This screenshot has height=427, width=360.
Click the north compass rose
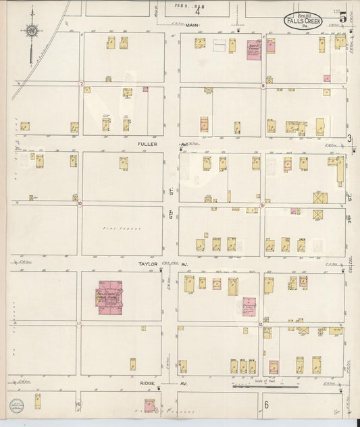click(31, 30)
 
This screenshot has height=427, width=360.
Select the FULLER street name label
click(147, 144)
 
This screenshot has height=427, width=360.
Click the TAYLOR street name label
click(148, 264)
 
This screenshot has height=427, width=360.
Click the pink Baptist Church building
click(254, 49)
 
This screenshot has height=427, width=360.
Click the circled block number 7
click(81, 84)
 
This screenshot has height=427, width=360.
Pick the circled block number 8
click(262, 86)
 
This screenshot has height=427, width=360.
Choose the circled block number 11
click(79, 324)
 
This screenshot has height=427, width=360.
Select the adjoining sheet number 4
click(198, 11)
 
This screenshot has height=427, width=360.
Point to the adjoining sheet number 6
click(266, 405)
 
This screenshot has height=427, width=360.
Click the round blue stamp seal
click(15, 406)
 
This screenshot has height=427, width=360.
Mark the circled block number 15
click(79, 404)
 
